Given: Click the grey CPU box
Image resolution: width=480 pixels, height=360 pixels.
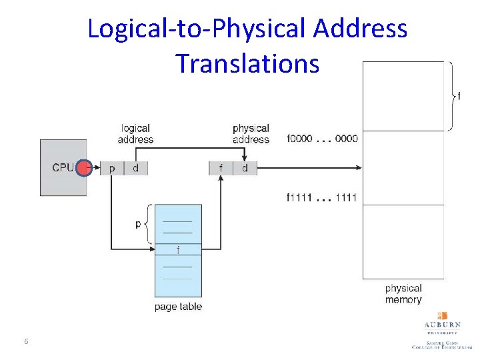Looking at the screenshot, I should point(63,167).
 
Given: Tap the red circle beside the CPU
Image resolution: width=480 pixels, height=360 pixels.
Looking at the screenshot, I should point(84,168).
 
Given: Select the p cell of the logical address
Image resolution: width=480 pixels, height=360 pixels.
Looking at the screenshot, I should point(111,169).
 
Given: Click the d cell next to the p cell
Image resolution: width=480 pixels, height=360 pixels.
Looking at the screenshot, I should point(135,169).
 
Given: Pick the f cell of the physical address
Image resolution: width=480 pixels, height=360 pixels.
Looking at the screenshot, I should point(221,169).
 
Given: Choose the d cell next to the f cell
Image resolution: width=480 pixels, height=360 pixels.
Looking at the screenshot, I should point(245,169).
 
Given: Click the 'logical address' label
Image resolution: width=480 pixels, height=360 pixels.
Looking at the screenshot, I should point(135,133).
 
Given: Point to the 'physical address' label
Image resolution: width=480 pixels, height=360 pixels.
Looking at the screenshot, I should point(251,133).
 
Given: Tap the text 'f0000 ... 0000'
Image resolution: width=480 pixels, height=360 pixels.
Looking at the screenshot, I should point(322,139).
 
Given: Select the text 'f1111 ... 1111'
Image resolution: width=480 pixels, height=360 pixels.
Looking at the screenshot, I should point(322,197).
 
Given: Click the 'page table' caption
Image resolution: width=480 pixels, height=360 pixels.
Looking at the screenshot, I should point(178,307).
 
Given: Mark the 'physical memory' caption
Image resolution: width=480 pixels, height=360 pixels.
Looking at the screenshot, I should point(403,294).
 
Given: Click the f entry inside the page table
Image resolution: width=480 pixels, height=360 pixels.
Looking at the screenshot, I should point(178,250).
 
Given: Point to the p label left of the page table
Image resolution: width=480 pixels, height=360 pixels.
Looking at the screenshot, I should point(138,224).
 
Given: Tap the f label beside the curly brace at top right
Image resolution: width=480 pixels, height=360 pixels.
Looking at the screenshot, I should point(458,96).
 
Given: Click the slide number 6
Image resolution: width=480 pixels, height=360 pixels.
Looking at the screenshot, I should point(26,342).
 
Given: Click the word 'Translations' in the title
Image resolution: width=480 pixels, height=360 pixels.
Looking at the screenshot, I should point(247,63).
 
